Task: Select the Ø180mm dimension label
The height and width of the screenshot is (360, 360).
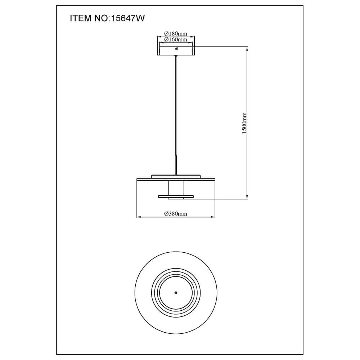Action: tap(176, 34)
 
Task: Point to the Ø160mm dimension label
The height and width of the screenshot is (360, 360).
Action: tap(176, 40)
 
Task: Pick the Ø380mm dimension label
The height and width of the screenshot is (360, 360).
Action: tap(176, 214)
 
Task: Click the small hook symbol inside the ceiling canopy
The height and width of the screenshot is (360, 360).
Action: tap(176, 49)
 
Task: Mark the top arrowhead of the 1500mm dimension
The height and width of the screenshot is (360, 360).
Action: tap(247, 48)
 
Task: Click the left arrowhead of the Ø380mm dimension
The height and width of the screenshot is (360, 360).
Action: tap(139, 217)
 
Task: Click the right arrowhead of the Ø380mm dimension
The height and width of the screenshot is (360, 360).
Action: tap(213, 217)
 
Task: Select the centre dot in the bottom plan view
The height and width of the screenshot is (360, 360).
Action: tap(176, 293)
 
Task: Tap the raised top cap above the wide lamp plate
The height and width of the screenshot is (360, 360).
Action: tap(176, 176)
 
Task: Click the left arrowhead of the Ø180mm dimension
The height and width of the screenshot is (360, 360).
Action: tap(159, 37)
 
